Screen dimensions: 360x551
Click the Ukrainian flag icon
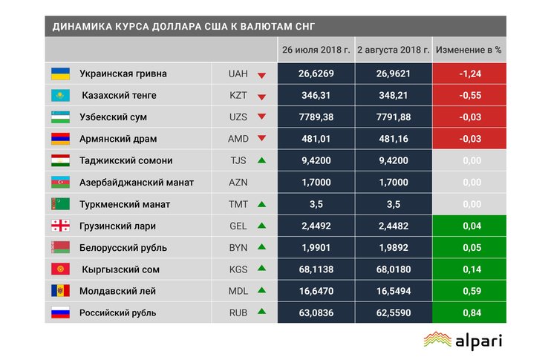point(60,74)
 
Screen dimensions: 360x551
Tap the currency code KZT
point(238,96)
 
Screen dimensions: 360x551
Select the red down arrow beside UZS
point(261,117)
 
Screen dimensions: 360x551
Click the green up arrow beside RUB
point(261,312)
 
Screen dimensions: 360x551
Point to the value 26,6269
point(316,74)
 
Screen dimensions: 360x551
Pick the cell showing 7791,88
point(393,117)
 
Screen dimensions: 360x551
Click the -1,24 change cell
point(469,74)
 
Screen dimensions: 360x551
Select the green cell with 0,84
point(469,312)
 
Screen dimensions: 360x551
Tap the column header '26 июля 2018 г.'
point(316,50)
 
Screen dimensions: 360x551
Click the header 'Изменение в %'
point(469,50)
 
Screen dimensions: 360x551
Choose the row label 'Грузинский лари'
point(118,226)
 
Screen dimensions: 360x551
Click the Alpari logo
point(463,340)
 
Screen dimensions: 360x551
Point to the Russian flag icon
point(60,312)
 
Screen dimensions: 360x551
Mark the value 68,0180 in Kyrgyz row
point(393,269)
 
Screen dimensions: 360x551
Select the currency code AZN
point(238,182)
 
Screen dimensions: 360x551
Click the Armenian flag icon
point(60,139)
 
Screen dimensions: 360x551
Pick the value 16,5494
point(393,291)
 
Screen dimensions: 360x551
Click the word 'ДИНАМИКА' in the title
point(80,27)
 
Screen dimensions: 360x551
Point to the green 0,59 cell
point(469,291)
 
